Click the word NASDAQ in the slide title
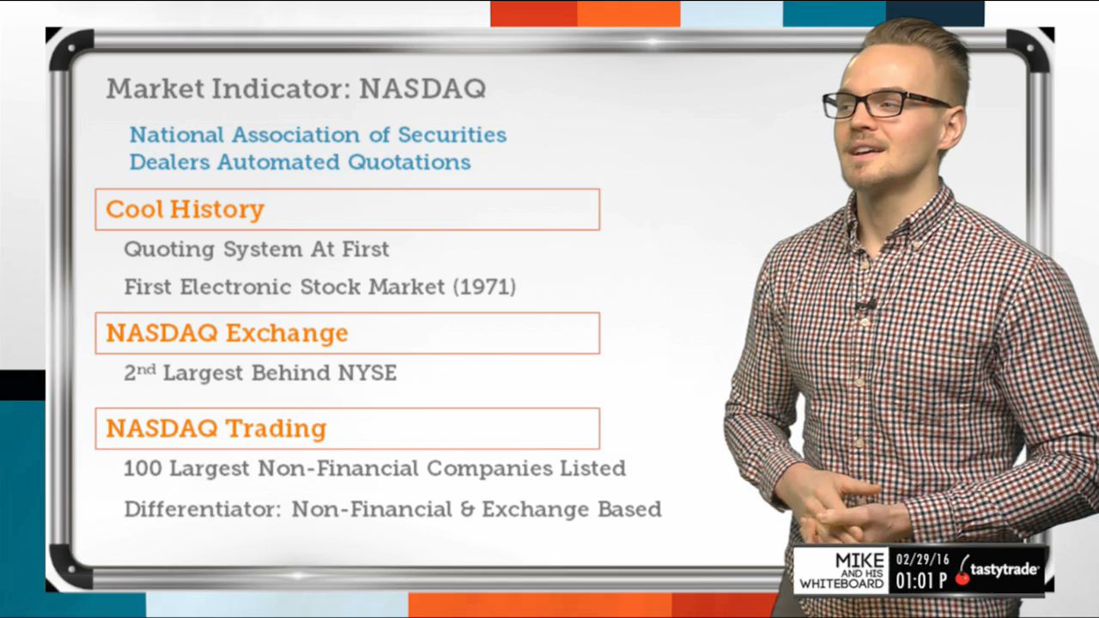pos(422,88)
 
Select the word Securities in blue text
pos(452,135)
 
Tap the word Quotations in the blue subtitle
pos(410,162)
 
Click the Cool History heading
pos(185,209)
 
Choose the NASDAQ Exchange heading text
pos(228,333)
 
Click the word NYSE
pos(367,373)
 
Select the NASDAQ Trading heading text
pos(216,428)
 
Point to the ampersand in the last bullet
pos(468,509)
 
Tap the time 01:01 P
pos(921,581)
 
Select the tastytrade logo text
pos(1004,570)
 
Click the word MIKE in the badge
pos(859,560)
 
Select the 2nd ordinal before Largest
pos(140,373)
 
